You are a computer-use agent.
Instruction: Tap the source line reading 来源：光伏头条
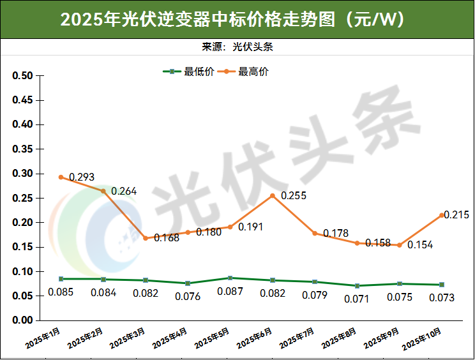point(237,47)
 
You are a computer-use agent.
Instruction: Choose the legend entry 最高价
point(245,72)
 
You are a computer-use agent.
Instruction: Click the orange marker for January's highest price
point(61,177)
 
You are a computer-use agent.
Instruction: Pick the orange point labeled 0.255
point(273,195)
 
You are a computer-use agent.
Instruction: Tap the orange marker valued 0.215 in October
point(442,215)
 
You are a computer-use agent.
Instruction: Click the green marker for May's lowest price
point(230,278)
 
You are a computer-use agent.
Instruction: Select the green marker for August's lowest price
point(357,285)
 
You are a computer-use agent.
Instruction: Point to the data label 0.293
point(82,177)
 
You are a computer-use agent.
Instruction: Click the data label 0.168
point(167,238)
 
